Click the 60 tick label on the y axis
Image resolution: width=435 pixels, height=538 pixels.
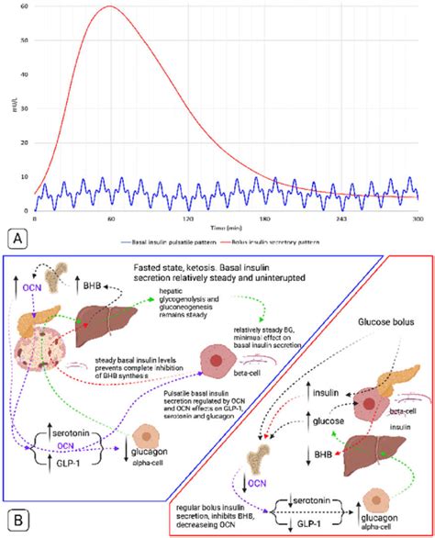pyautogui.click(x=24, y=7)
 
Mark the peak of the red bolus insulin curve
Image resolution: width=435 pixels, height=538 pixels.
pyautogui.click(x=109, y=6)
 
